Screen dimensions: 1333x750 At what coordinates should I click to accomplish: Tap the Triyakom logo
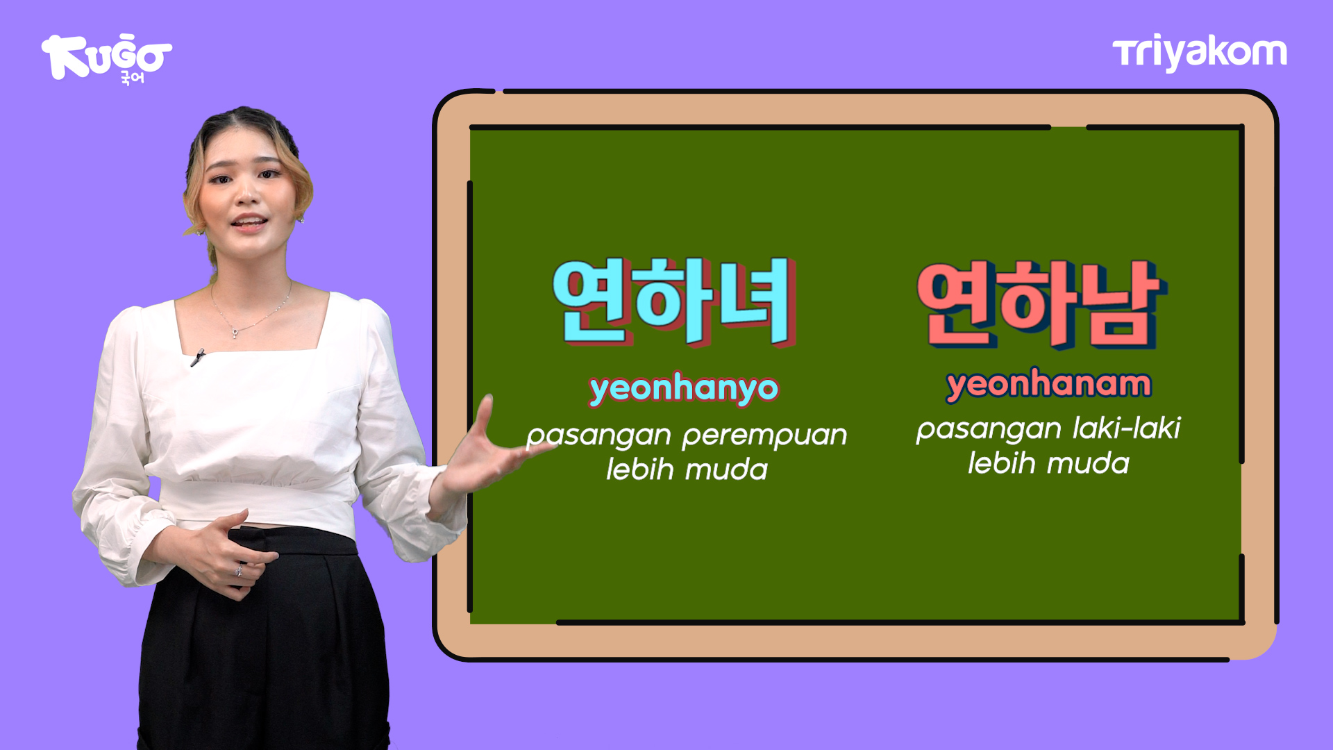1200,53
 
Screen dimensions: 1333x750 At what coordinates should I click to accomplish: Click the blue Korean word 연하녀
673,301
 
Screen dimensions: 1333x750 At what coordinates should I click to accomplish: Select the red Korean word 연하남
1041,304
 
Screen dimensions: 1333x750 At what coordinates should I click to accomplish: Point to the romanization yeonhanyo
684,389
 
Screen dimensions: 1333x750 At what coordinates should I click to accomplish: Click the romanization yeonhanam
1048,384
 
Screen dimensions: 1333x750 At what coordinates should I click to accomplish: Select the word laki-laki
1126,428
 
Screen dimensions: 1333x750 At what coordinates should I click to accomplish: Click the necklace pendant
235,333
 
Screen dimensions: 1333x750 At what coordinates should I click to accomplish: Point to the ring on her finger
239,571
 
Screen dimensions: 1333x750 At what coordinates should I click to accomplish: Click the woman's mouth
249,223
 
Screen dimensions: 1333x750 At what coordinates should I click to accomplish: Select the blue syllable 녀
757,301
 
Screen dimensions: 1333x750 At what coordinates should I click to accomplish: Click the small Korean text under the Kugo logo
132,78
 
